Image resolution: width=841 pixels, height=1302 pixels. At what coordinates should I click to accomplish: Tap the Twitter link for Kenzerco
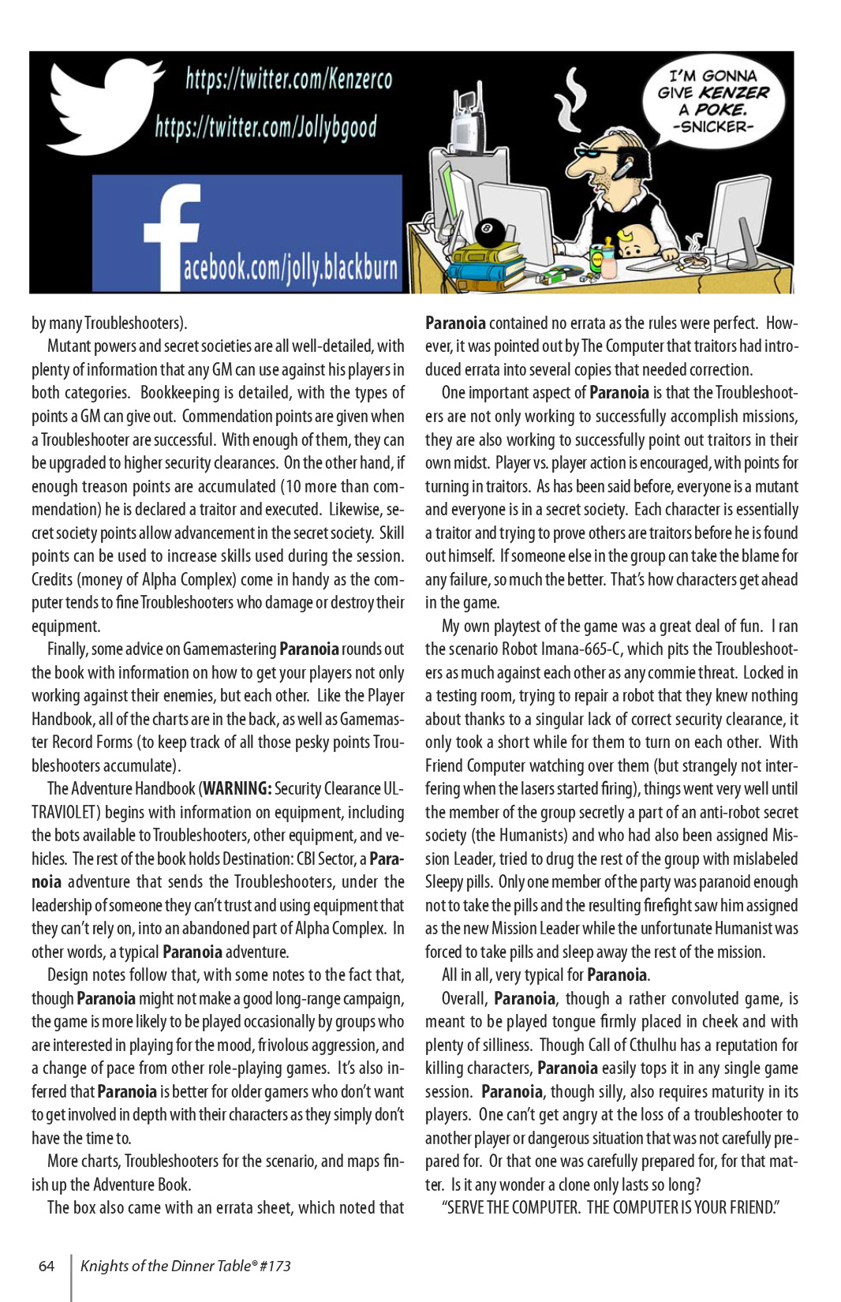(289, 79)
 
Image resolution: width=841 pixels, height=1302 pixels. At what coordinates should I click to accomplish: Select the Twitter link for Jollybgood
(266, 127)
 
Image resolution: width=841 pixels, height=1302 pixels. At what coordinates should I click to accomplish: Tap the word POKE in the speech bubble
(720, 110)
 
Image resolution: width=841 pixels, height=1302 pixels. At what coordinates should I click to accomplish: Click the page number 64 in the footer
(47, 1266)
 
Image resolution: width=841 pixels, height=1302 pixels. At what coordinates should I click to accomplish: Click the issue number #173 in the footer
(275, 1266)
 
